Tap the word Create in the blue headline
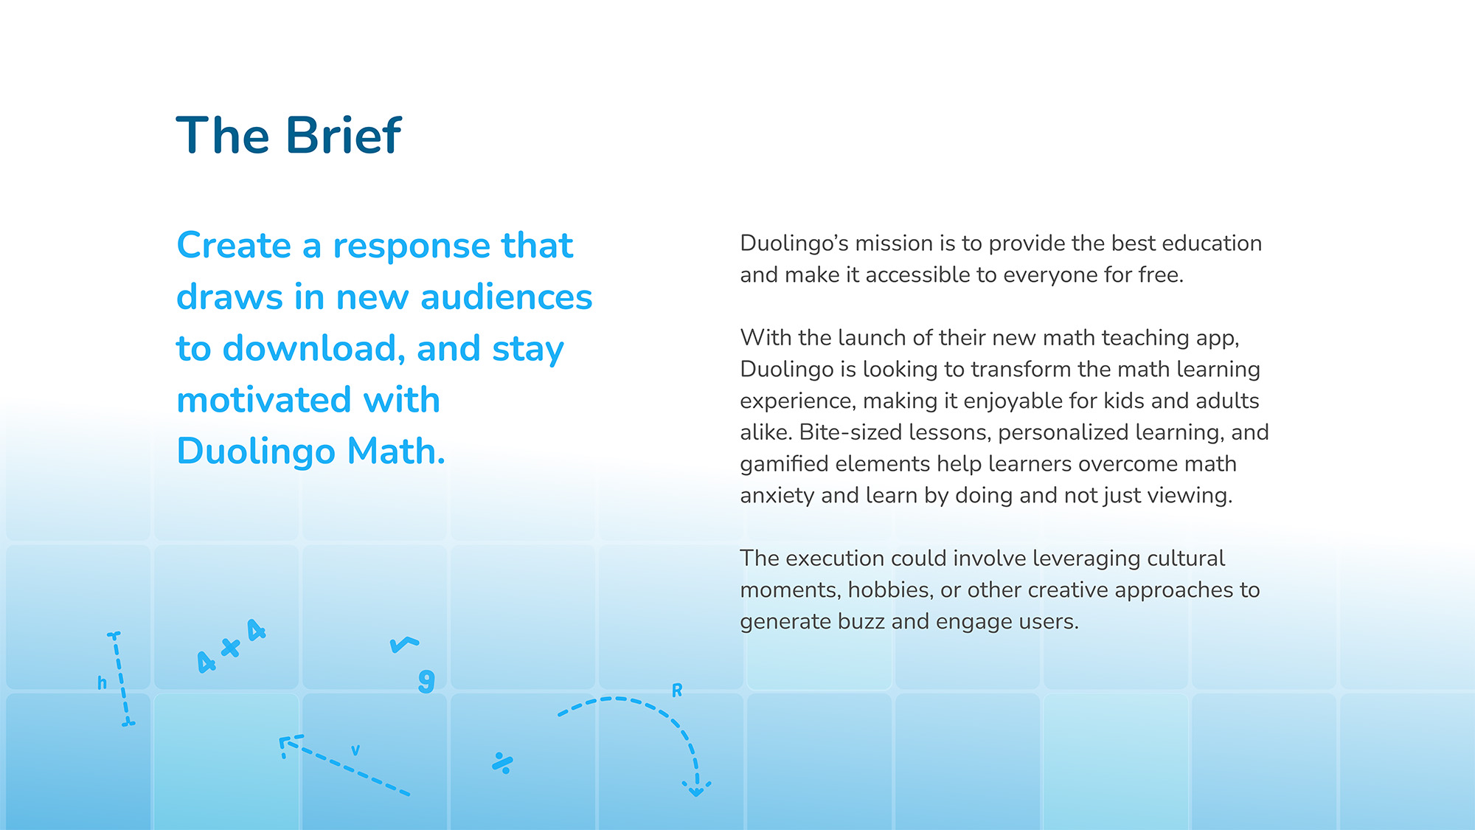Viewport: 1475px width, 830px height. click(234, 245)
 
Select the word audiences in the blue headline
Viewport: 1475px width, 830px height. click(506, 297)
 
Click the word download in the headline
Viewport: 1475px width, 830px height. click(314, 348)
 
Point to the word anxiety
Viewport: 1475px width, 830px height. click(777, 496)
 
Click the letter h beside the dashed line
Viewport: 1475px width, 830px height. click(102, 682)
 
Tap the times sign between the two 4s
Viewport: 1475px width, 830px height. click(231, 648)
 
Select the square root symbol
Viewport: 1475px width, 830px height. click(404, 645)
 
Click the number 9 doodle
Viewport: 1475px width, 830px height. click(426, 681)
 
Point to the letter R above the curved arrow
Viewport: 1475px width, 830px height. click(677, 691)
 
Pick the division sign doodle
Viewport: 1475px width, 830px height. click(502, 763)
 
